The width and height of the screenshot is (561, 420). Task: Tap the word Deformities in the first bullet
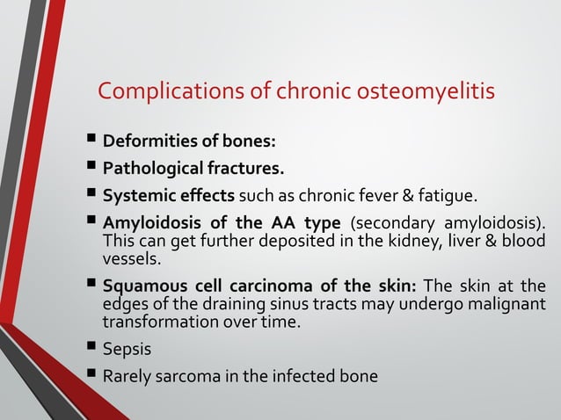pyautogui.click(x=145, y=141)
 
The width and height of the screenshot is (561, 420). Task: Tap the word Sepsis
pyautogui.click(x=127, y=350)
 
